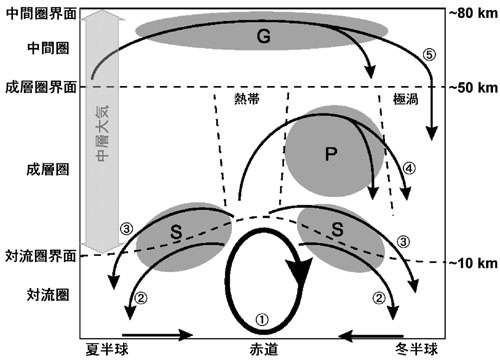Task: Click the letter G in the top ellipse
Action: pyautogui.click(x=262, y=37)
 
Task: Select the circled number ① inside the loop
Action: pyautogui.click(x=262, y=317)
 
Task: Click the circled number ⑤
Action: pyautogui.click(x=430, y=56)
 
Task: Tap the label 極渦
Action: pyautogui.click(x=407, y=101)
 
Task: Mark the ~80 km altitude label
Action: pyautogui.click(x=468, y=12)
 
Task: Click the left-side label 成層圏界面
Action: pyautogui.click(x=36, y=88)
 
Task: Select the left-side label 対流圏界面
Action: pyautogui.click(x=36, y=256)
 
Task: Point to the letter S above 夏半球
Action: pyautogui.click(x=174, y=231)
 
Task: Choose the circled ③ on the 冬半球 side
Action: pyautogui.click(x=403, y=241)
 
